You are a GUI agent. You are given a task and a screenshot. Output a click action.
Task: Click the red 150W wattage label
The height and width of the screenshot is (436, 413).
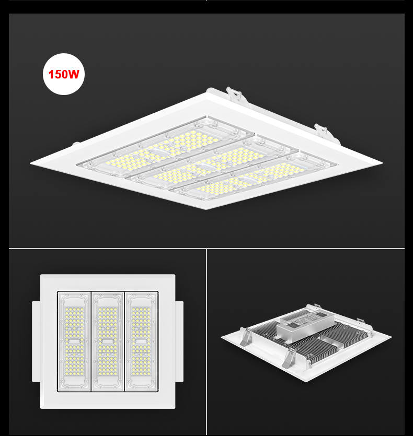(64, 74)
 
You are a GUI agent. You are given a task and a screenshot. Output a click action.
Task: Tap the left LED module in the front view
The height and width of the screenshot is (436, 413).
(74, 341)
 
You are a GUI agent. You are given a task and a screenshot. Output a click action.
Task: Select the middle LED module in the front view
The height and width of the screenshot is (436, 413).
(108, 341)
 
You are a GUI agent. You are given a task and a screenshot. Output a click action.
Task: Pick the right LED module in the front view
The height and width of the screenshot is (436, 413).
(141, 341)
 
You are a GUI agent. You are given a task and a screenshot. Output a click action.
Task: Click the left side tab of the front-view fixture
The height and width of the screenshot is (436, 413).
(36, 341)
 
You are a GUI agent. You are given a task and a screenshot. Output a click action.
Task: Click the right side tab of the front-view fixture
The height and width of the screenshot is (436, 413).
(179, 341)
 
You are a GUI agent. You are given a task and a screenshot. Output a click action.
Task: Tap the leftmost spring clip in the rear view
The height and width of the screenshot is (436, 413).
(245, 336)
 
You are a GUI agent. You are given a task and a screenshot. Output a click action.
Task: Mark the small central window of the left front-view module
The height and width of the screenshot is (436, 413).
(74, 341)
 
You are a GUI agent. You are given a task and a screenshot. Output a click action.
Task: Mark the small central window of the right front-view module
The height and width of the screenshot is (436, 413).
(141, 341)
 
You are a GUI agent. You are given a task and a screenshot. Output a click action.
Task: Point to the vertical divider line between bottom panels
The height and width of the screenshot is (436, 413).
(206, 342)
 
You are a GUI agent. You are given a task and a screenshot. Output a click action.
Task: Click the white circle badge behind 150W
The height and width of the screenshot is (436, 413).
(64, 74)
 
